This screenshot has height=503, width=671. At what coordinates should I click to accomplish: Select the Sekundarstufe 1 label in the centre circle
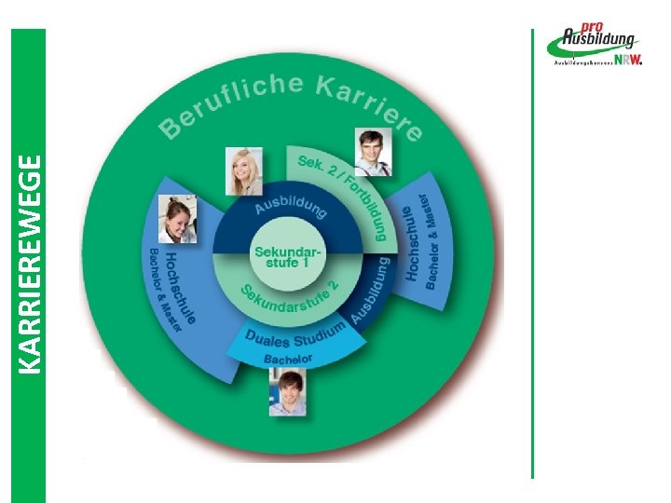(288, 256)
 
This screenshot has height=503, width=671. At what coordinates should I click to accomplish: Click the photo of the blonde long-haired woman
(245, 171)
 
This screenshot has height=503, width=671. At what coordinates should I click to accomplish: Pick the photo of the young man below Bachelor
(288, 392)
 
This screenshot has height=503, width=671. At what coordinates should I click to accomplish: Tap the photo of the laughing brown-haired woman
(177, 220)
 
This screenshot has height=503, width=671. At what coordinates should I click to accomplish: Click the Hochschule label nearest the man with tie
(411, 244)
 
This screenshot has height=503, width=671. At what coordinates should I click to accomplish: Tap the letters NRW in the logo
(626, 60)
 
